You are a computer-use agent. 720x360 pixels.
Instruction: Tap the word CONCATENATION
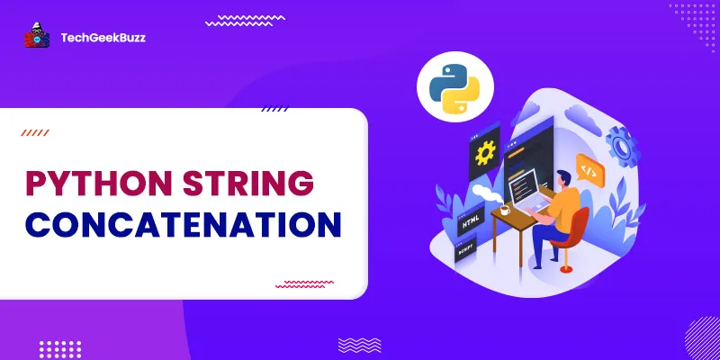click(182, 224)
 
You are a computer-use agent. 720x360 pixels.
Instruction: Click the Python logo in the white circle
click(447, 86)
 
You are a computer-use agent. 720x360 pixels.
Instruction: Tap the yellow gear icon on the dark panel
click(486, 153)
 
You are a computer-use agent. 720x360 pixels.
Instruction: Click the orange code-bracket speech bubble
click(589, 168)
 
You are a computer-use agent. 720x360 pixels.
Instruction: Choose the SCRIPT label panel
click(467, 255)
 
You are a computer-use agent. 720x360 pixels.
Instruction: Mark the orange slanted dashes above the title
click(36, 132)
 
